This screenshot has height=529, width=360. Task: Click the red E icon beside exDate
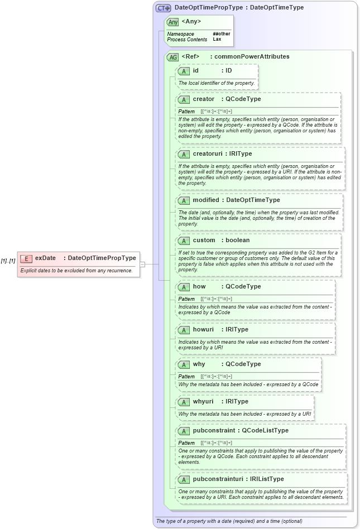point(26,258)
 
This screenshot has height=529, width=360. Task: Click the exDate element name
point(45,258)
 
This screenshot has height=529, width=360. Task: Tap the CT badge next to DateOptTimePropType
point(163,8)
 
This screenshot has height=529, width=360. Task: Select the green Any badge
point(173,22)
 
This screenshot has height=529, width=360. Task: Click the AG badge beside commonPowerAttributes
point(173,57)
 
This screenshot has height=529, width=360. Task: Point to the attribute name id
point(195,71)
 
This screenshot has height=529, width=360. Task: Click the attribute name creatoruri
point(207,153)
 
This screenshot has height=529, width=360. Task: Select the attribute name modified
point(206,200)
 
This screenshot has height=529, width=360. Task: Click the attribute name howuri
point(203,330)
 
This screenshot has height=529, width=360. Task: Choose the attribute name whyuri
point(204,402)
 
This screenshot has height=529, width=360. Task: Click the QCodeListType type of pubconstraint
point(265,430)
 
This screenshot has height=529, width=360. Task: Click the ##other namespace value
point(221,34)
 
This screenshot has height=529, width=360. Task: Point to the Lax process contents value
point(217,40)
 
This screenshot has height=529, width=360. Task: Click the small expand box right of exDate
point(142,264)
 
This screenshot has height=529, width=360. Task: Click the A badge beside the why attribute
point(184,364)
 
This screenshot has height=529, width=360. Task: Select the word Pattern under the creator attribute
point(186,112)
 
